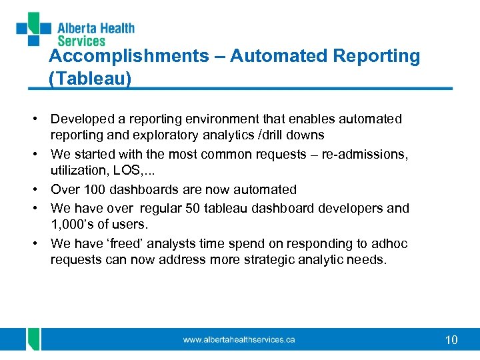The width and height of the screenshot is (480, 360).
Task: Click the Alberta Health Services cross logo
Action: click(34, 28)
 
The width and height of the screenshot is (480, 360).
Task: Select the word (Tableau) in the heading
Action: click(90, 79)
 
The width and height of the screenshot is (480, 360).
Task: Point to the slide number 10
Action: click(451, 340)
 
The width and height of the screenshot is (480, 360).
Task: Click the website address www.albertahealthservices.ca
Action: click(239, 340)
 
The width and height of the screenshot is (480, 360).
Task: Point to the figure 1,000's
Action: click(71, 225)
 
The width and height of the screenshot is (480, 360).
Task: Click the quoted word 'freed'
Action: click(127, 244)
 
